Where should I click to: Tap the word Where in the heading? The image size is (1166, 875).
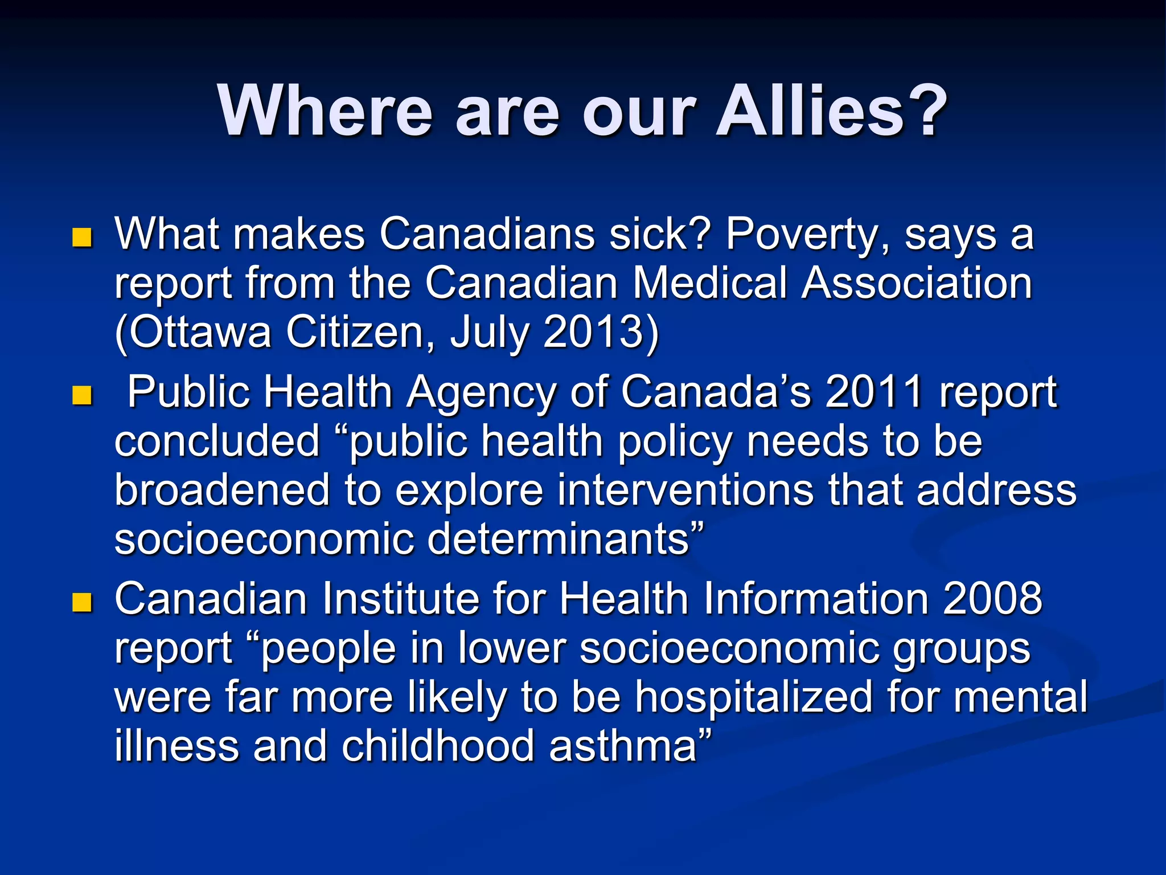[325, 111]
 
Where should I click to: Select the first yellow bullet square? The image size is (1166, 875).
[83, 238]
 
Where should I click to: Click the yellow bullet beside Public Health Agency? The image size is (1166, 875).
[83, 395]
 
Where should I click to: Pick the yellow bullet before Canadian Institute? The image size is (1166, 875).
[83, 602]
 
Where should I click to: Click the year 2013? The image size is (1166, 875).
[600, 332]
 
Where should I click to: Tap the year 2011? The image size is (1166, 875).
[874, 392]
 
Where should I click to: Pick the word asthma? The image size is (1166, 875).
[623, 746]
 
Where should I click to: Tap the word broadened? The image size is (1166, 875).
[222, 490]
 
